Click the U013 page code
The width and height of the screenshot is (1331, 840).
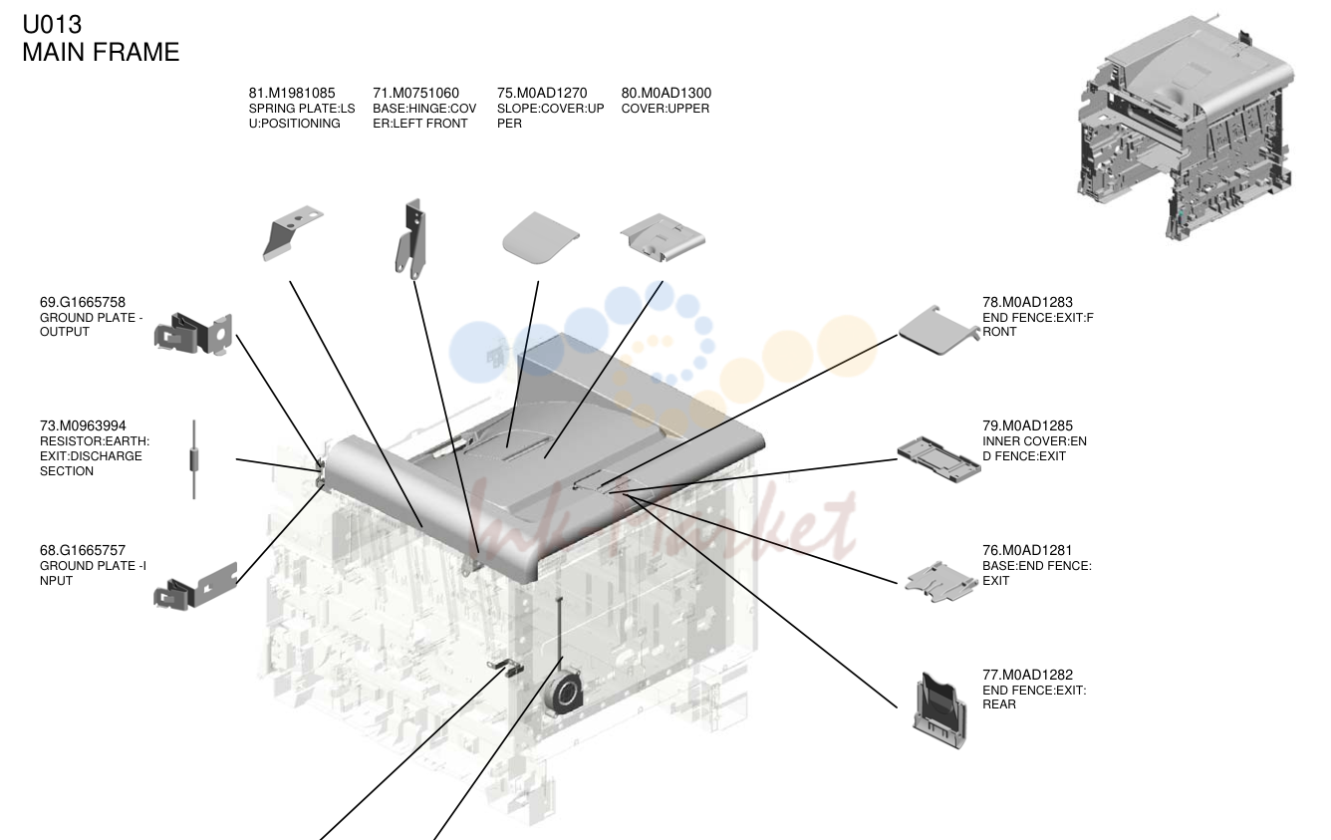52,24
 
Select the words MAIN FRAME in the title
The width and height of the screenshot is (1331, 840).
101,53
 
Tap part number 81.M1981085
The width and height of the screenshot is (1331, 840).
292,94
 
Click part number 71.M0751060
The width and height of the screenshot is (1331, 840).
416,94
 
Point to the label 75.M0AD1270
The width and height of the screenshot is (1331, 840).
542,94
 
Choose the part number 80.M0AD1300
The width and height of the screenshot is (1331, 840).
666,94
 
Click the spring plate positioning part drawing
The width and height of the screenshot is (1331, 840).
292,232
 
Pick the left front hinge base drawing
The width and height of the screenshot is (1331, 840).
411,239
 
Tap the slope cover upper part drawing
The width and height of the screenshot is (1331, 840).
540,238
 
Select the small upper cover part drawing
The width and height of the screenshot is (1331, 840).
663,236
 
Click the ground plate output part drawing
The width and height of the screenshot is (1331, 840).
193,334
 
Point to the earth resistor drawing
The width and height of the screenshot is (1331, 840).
193,459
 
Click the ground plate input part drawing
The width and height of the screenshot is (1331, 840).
195,586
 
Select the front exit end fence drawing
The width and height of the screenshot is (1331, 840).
938,330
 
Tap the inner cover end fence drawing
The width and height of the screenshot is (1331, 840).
938,459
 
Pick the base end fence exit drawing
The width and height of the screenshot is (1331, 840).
941,581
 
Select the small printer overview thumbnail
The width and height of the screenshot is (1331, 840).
1185,127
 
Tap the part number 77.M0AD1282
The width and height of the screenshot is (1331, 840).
1027,676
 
